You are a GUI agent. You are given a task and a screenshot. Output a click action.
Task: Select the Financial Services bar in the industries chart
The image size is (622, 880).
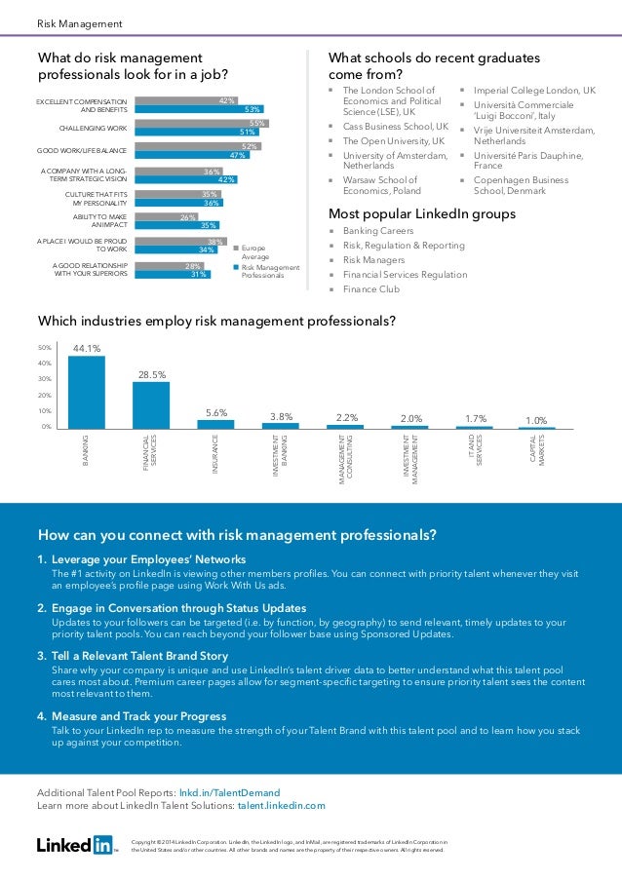pyautogui.click(x=151, y=404)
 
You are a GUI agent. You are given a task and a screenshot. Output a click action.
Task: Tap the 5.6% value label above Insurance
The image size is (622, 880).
pyautogui.click(x=215, y=412)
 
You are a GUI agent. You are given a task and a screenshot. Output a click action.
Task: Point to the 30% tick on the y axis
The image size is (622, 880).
pyautogui.click(x=45, y=379)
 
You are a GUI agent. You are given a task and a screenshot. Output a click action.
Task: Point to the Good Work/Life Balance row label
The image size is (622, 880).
pyautogui.click(x=82, y=151)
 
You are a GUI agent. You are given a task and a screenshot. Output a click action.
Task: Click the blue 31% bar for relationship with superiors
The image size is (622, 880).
pyautogui.click(x=172, y=275)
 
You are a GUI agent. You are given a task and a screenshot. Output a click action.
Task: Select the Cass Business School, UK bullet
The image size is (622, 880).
pyautogui.click(x=395, y=127)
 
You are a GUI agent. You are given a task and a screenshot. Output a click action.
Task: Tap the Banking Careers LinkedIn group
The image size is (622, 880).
pyautogui.click(x=378, y=231)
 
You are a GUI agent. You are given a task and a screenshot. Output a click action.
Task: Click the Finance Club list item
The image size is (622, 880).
pyautogui.click(x=371, y=289)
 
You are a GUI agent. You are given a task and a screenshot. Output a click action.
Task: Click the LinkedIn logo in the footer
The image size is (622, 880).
pyautogui.click(x=75, y=844)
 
